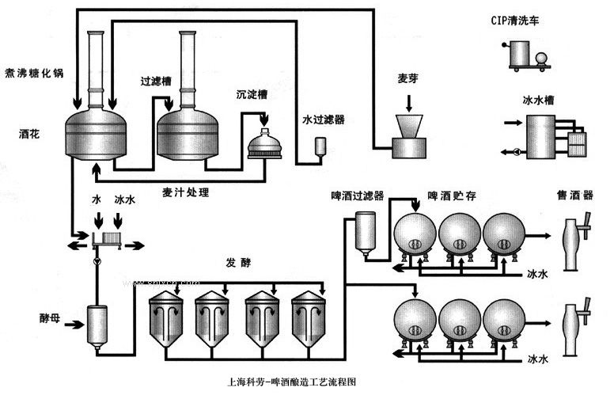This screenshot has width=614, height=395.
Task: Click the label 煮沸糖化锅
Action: coord(34,73)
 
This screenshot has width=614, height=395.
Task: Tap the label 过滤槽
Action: coord(156,81)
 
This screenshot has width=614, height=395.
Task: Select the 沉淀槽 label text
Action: coord(252,94)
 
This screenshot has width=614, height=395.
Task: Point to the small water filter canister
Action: coord(320,147)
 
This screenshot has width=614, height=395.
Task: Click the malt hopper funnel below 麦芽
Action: coord(409,126)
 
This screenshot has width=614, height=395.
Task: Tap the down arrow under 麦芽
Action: coord(409,103)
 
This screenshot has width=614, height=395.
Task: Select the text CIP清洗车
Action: coord(515,21)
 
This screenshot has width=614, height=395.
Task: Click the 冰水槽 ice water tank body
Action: coord(540,137)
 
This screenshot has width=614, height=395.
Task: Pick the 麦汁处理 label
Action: coord(186,192)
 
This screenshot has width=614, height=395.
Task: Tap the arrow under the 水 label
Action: coord(98,221)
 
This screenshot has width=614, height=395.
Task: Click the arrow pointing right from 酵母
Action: coord(74,325)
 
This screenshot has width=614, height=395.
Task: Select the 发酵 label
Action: coord(238,262)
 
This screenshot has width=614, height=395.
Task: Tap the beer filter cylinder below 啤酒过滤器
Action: coord(366,234)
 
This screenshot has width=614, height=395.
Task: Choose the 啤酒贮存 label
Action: coord(452,196)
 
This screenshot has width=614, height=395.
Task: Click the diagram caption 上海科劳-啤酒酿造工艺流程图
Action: coord(292,382)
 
